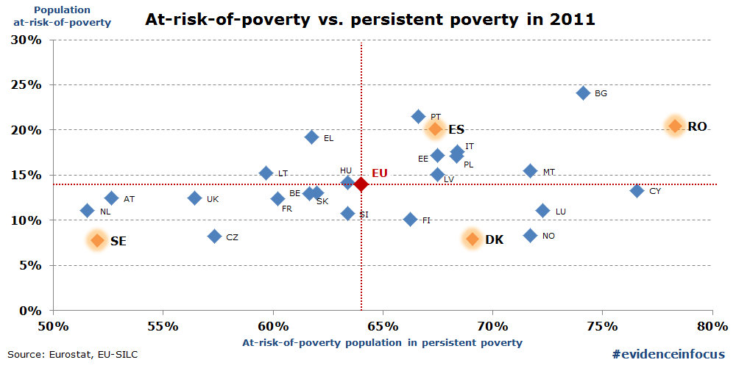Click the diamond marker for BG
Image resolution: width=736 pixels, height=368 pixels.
click(x=583, y=93)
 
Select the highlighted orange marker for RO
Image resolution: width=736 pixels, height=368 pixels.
click(x=675, y=126)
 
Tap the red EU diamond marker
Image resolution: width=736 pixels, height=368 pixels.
click(x=361, y=184)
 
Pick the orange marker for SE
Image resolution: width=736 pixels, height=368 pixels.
click(x=97, y=240)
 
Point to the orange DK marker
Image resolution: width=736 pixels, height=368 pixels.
click(x=473, y=239)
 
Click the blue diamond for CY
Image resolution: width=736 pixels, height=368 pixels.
click(x=637, y=191)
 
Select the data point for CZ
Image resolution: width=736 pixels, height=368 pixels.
click(x=214, y=237)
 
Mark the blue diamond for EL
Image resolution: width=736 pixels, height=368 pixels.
click(x=311, y=137)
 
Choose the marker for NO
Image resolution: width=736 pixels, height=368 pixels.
click(x=530, y=236)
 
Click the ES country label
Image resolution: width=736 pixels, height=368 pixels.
click(x=456, y=129)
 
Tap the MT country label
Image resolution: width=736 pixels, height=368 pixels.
click(x=549, y=172)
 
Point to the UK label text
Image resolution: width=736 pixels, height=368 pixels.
click(x=213, y=199)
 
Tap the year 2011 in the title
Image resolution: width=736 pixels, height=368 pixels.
click(x=570, y=19)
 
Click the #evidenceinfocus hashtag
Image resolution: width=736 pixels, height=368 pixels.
click(x=668, y=354)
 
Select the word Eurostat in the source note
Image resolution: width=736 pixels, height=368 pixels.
click(x=69, y=355)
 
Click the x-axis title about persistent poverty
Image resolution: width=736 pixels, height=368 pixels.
click(x=382, y=342)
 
